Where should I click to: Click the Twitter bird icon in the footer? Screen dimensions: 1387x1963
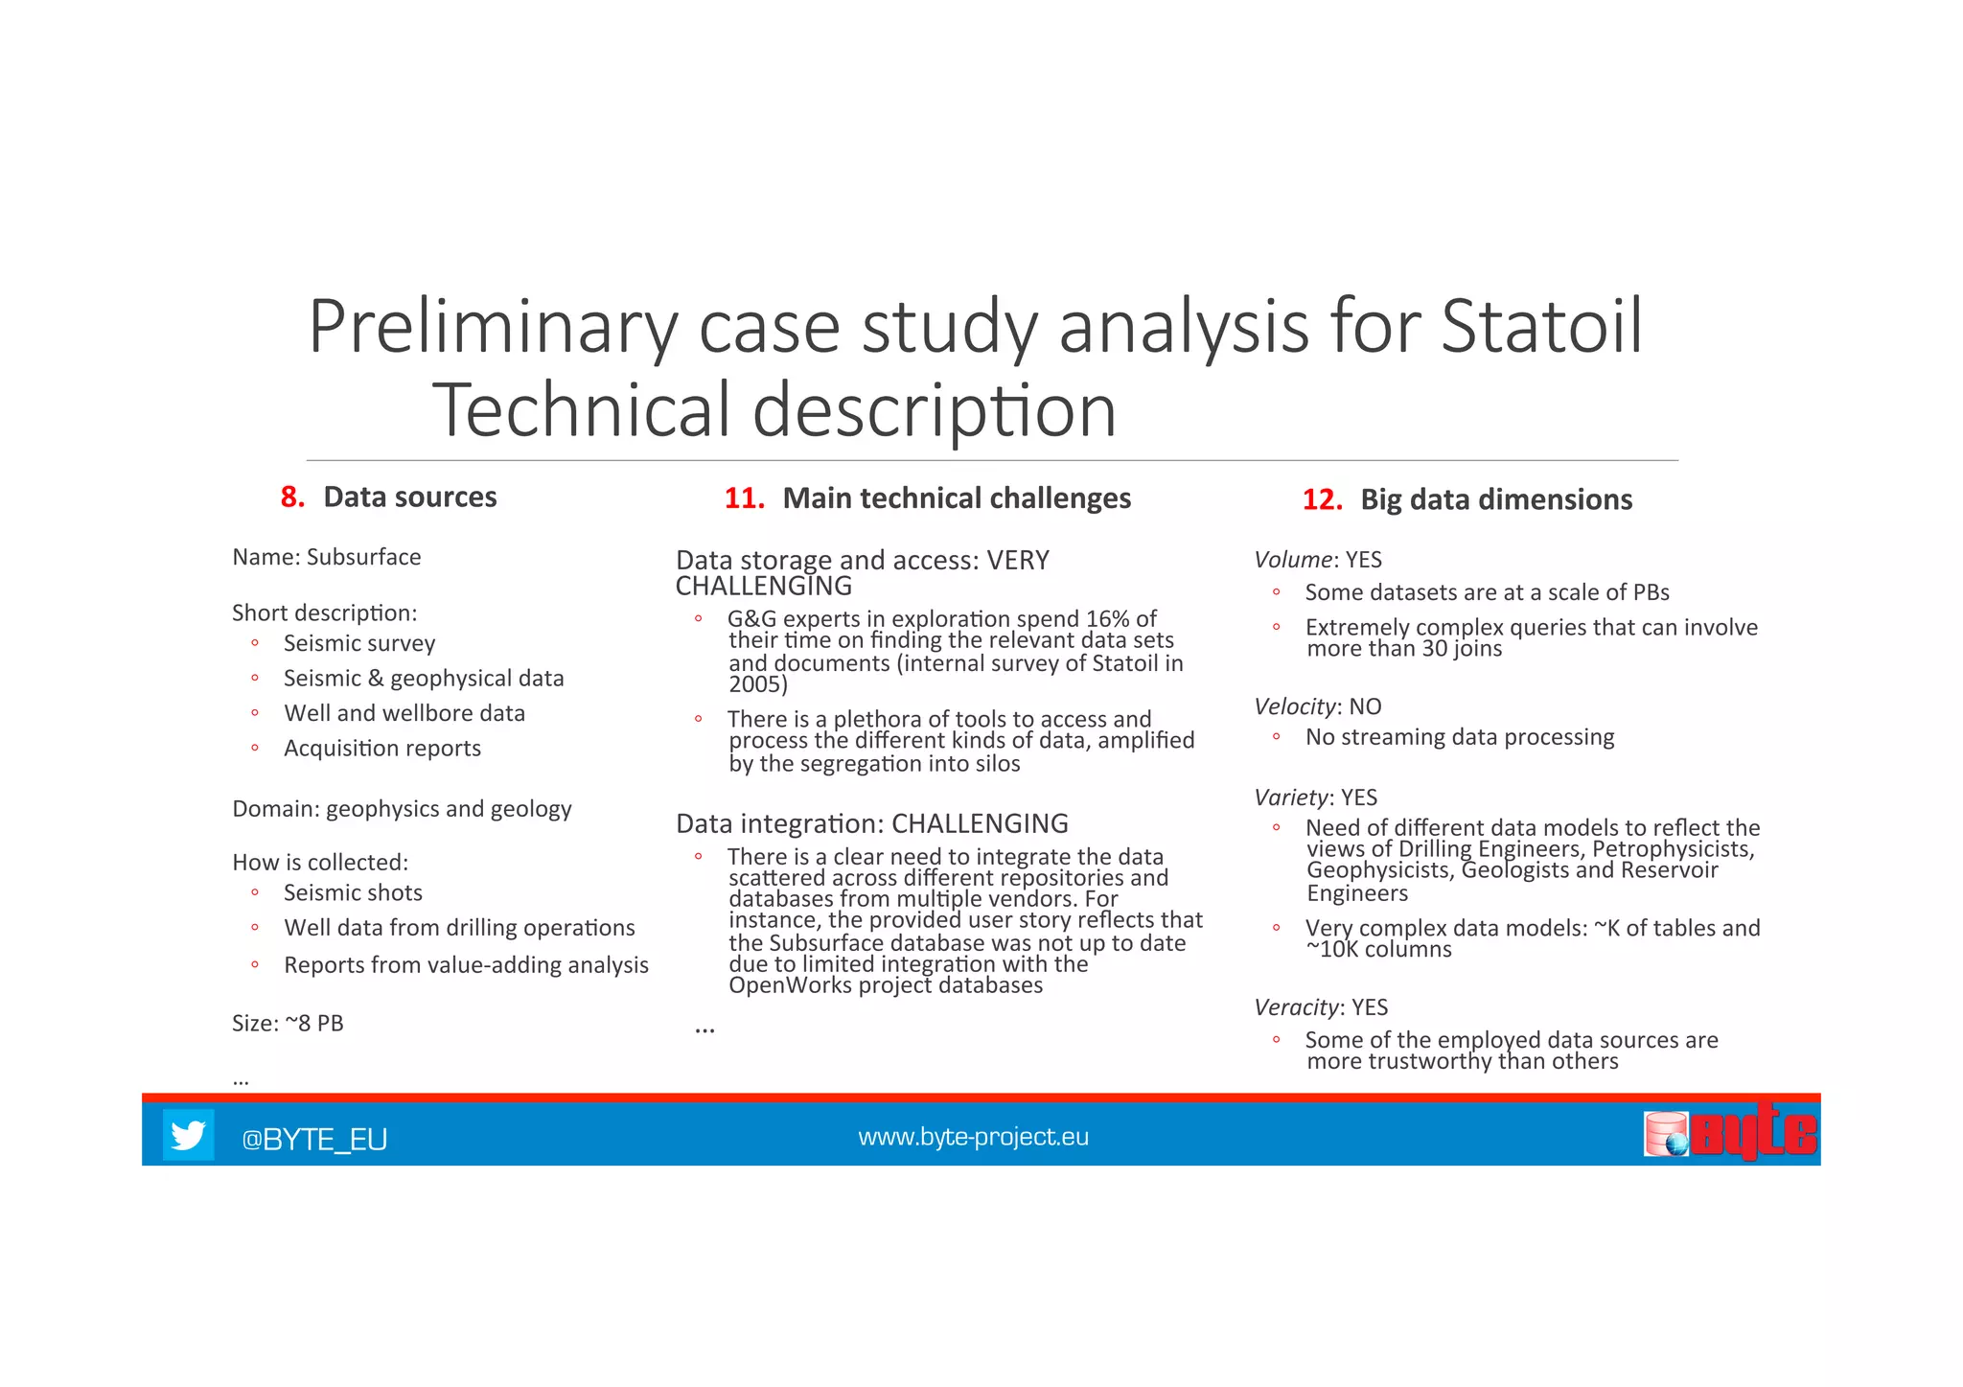click(188, 1135)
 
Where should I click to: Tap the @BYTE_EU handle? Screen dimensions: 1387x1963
click(314, 1139)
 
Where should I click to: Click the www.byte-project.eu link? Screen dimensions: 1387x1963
click(973, 1137)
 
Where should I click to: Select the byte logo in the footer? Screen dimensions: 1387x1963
click(1730, 1134)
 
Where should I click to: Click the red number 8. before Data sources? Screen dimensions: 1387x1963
click(292, 497)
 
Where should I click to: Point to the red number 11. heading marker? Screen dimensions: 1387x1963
click(744, 498)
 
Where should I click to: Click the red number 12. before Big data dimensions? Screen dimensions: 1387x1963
click(1322, 499)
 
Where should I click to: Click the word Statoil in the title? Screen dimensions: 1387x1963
click(1541, 327)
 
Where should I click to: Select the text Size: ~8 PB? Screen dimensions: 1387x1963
click(288, 1023)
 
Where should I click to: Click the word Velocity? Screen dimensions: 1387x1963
click(1295, 706)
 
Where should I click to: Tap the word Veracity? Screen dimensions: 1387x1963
click(1296, 1006)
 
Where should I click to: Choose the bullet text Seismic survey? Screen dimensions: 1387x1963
click(359, 643)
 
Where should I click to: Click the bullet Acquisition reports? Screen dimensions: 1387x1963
click(382, 748)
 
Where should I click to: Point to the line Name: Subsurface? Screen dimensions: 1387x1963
click(326, 557)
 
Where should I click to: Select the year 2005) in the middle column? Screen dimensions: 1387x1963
click(757, 684)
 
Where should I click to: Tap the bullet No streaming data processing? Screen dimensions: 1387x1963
click(1459, 737)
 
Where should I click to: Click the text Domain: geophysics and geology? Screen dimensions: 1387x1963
click(402, 809)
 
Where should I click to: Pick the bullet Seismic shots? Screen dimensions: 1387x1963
click(353, 892)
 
